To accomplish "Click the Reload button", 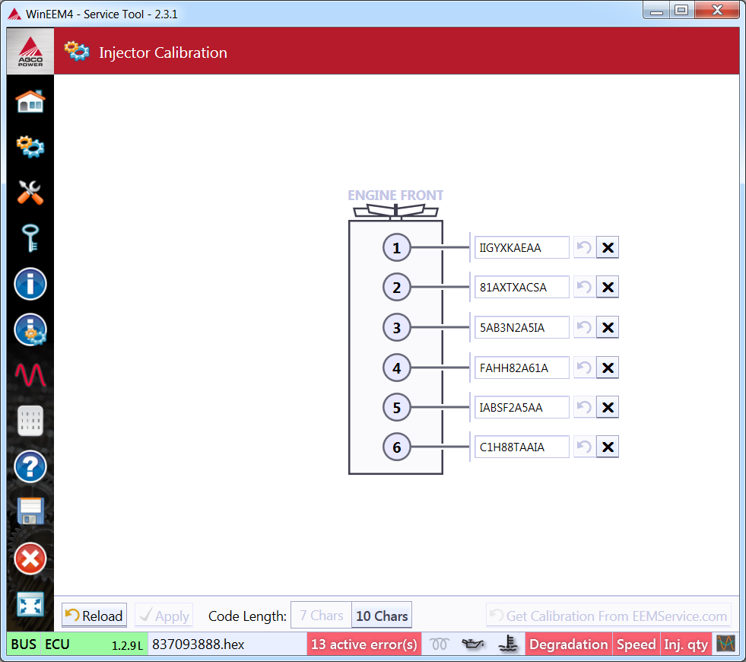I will coord(94,616).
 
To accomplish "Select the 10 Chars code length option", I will coord(382,616).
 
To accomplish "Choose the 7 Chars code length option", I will coord(321,616).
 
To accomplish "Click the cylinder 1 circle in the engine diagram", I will coord(396,247).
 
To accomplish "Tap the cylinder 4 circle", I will coord(396,368).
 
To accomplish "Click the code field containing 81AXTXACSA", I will coord(521,288).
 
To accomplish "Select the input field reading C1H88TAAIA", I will coord(521,447).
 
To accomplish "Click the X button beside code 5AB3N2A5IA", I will coord(608,328).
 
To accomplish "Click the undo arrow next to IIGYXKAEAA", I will coord(584,247).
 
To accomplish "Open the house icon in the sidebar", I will coord(30,100).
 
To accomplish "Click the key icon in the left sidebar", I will coord(30,238).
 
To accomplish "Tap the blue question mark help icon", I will coord(30,466).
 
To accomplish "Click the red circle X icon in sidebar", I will coord(30,559).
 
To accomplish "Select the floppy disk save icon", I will coord(30,512).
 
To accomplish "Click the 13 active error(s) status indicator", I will coord(364,644).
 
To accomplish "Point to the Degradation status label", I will coord(569,644).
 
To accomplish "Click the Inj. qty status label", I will coord(686,644).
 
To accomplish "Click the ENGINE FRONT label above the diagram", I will coord(395,196).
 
